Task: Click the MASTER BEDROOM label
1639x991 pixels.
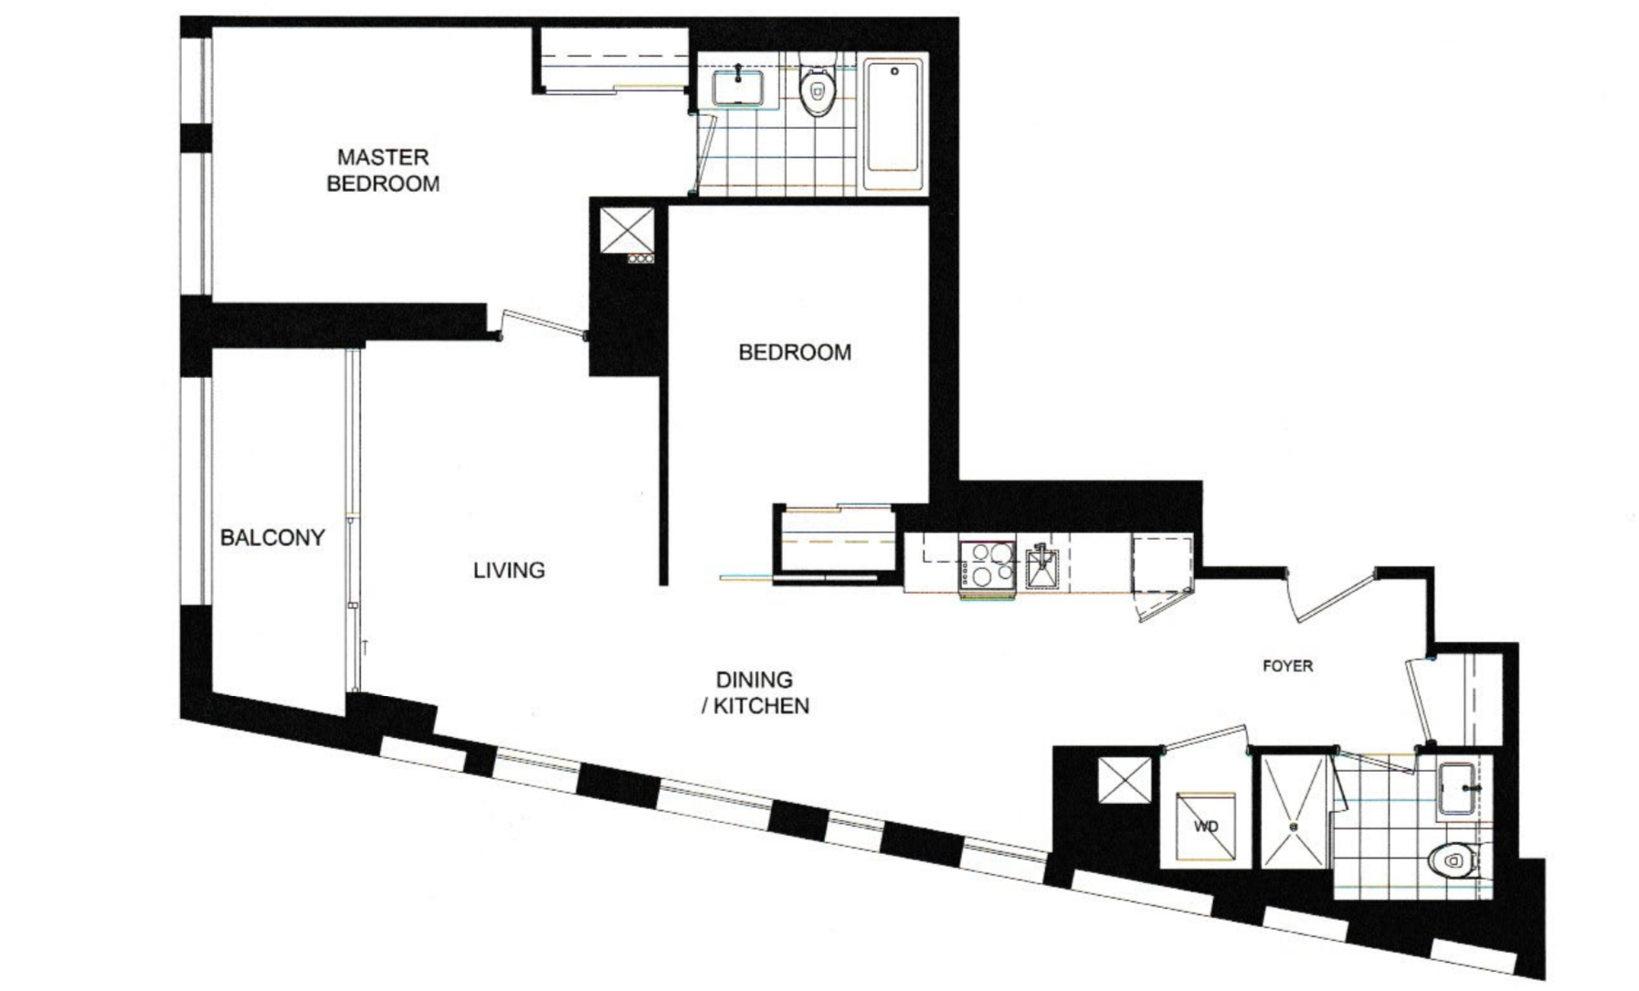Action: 383,171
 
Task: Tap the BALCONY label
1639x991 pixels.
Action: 272,537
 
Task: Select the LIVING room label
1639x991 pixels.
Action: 509,570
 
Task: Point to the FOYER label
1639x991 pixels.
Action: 1287,666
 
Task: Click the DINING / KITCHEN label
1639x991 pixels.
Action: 755,692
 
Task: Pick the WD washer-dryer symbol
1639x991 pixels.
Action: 1206,827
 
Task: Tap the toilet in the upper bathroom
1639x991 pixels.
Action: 817,90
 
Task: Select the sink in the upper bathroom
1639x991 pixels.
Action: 737,89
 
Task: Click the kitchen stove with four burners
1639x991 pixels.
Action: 987,564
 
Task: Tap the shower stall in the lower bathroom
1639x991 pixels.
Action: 1294,812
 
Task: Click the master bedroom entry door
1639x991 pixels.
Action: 545,326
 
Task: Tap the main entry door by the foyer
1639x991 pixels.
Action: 1332,595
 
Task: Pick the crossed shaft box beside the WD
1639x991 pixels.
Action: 1125,780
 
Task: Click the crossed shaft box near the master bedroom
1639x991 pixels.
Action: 627,228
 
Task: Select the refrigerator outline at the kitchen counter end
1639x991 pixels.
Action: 1162,566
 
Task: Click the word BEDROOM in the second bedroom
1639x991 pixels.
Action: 795,353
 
